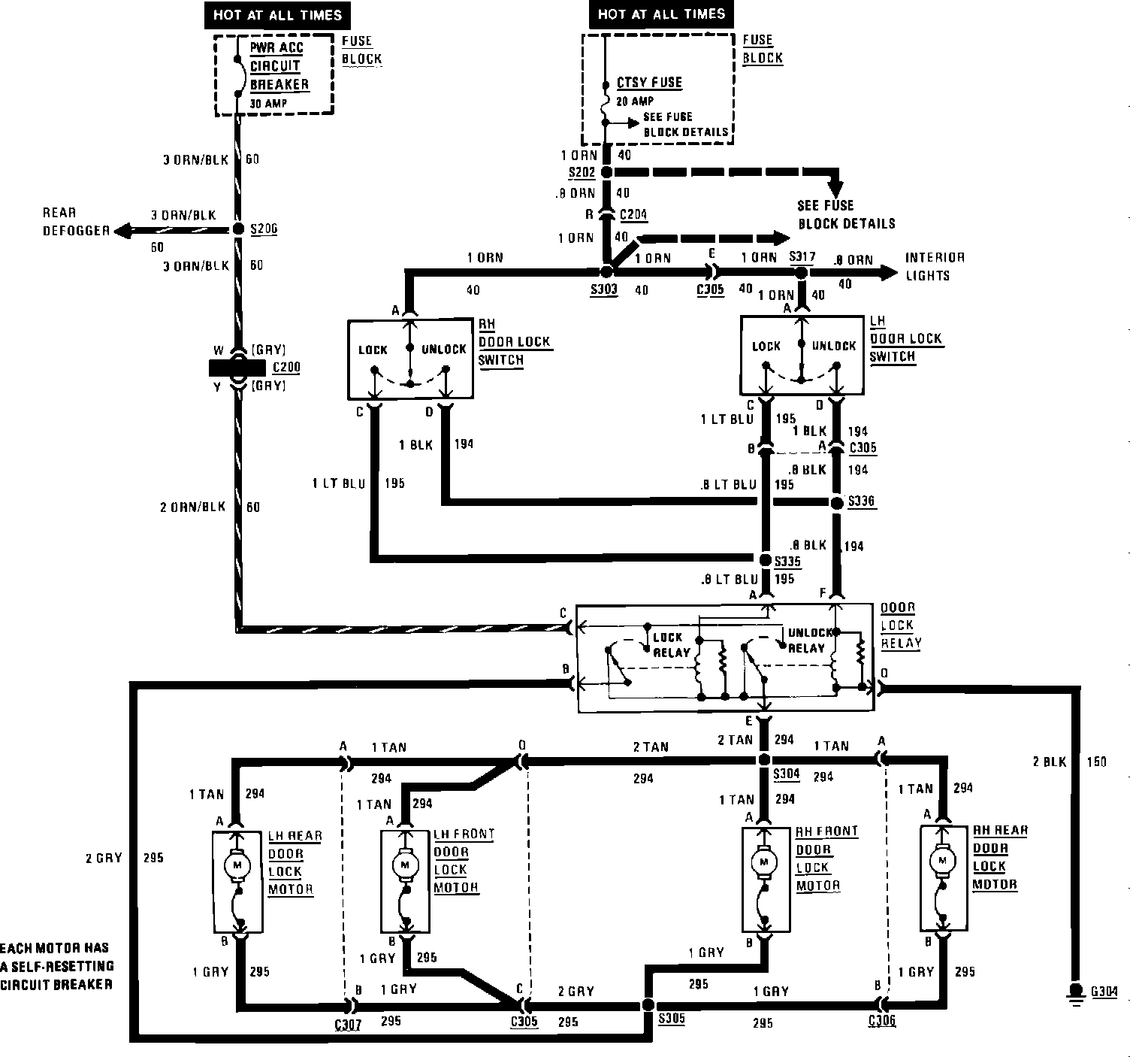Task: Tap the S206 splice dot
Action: pyautogui.click(x=237, y=229)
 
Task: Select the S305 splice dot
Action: pyautogui.click(x=648, y=1005)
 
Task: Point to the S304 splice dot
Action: pyautogui.click(x=764, y=759)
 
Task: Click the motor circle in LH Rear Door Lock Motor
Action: pyautogui.click(x=238, y=865)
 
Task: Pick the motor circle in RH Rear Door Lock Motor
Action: pyautogui.click(x=943, y=859)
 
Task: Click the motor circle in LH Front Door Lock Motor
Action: pyautogui.click(x=406, y=864)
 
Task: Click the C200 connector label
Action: pyautogui.click(x=285, y=368)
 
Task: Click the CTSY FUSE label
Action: pyautogui.click(x=649, y=83)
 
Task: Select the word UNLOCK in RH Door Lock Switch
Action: pyautogui.click(x=443, y=350)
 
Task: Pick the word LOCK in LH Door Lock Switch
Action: pyautogui.click(x=766, y=347)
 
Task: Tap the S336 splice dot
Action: pyautogui.click(x=837, y=502)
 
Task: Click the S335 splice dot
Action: pyautogui.click(x=765, y=560)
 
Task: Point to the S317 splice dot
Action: pyautogui.click(x=801, y=273)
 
